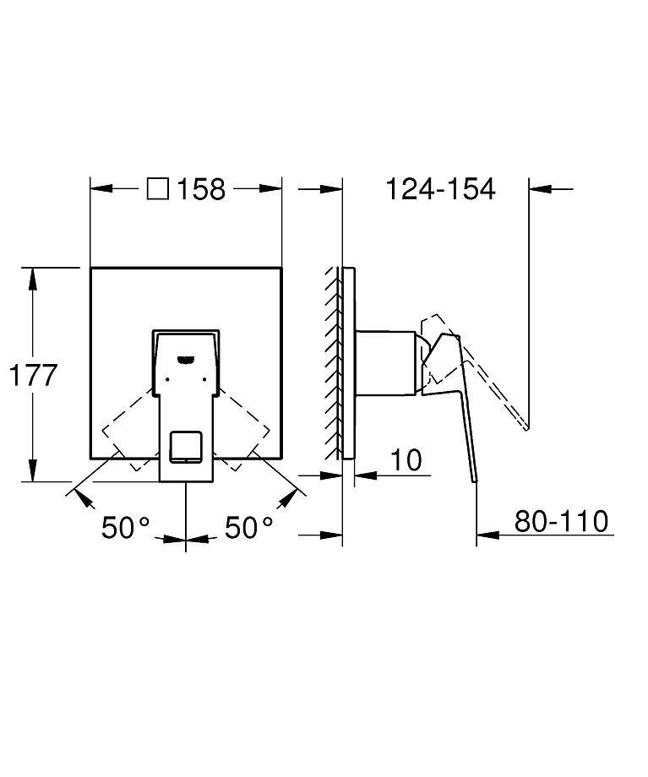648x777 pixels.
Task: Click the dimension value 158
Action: click(x=201, y=189)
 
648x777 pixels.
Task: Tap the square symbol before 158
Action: click(x=157, y=188)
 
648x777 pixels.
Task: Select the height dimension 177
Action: click(x=33, y=375)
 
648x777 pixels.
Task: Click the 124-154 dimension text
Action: click(x=440, y=189)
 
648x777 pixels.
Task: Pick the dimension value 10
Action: click(x=406, y=460)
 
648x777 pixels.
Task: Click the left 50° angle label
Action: click(x=125, y=528)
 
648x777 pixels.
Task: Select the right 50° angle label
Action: click(x=248, y=528)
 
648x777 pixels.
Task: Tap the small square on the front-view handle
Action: click(x=185, y=446)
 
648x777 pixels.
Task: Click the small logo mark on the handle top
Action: click(x=185, y=358)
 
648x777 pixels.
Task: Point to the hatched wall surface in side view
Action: click(x=331, y=363)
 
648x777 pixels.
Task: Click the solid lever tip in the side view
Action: click(x=474, y=477)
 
